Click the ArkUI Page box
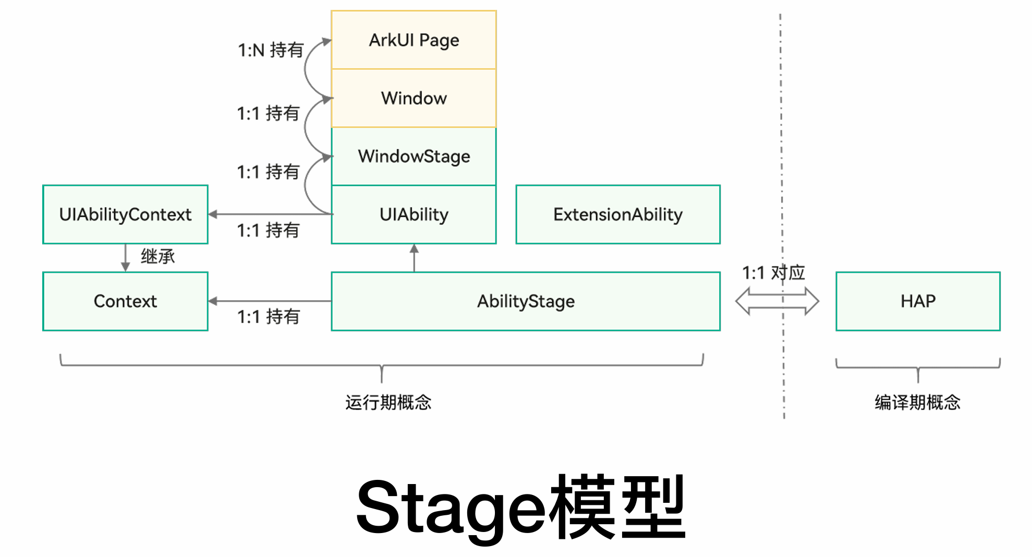pyautogui.click(x=414, y=40)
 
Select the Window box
pyautogui.click(x=414, y=98)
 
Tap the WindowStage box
pyautogui.click(x=414, y=156)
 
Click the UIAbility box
pyautogui.click(x=414, y=215)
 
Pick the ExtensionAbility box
pyautogui.click(x=617, y=215)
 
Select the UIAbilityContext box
pyautogui.click(x=125, y=215)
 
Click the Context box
pyautogui.click(x=125, y=301)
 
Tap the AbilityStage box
pyautogui.click(x=526, y=301)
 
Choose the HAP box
pyautogui.click(x=918, y=301)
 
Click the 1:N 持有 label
pyautogui.click(x=271, y=50)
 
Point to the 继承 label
pyautogui.click(x=157, y=256)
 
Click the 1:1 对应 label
pyautogui.click(x=773, y=273)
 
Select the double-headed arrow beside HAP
pyautogui.click(x=776, y=301)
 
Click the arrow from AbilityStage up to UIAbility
pyautogui.click(x=414, y=258)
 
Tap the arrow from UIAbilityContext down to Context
pyautogui.click(x=125, y=258)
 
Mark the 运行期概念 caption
pyautogui.click(x=388, y=402)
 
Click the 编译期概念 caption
pyautogui.click(x=917, y=402)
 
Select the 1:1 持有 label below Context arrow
pyautogui.click(x=268, y=317)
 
